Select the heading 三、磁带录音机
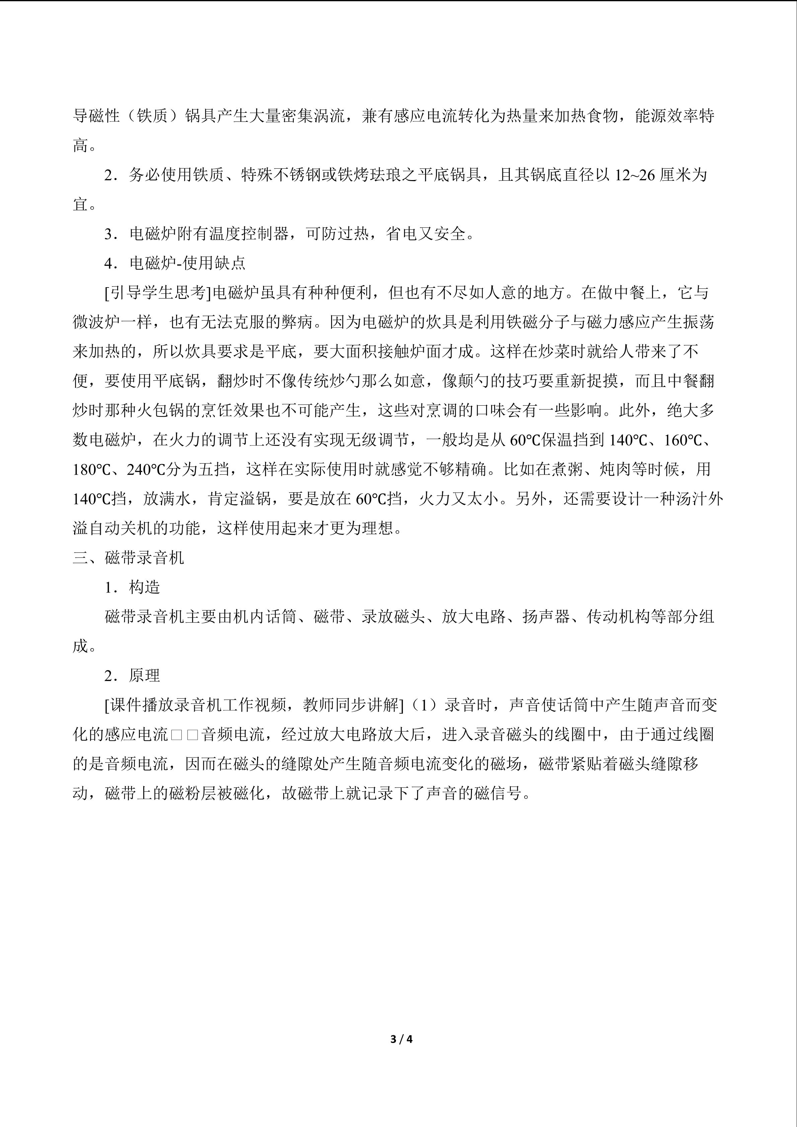128,558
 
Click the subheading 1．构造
133,587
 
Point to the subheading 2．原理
133,676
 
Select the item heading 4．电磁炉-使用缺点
175,263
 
